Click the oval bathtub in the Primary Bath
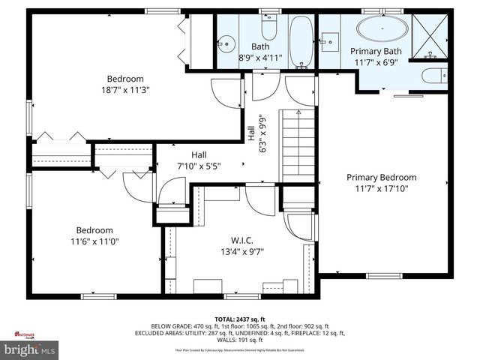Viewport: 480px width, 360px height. pos(382,30)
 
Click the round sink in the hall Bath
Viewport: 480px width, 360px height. pos(226,44)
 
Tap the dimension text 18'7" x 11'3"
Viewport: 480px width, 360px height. pos(124,91)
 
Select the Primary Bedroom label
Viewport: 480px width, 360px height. pos(381,178)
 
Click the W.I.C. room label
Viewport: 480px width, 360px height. pos(241,240)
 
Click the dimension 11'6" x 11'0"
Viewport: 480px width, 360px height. pos(94,242)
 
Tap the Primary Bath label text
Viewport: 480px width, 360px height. pos(376,51)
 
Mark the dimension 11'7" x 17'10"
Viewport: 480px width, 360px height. pos(381,190)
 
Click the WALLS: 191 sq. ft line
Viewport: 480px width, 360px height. pos(239,340)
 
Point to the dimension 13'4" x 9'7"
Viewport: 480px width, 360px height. pos(241,252)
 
